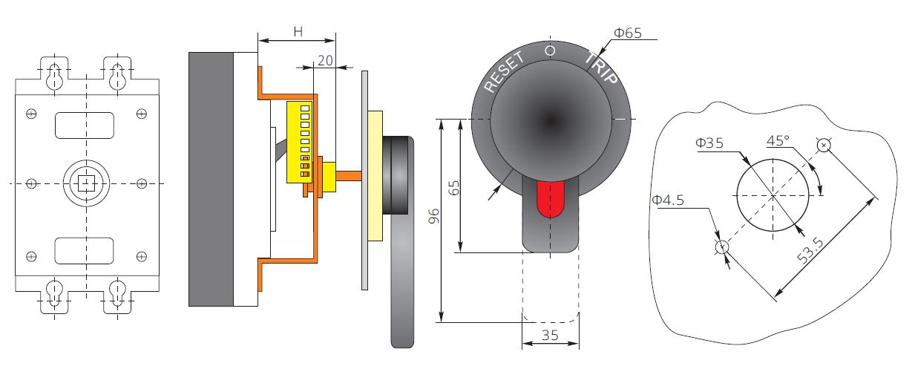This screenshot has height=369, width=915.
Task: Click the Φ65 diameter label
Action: coord(627,33)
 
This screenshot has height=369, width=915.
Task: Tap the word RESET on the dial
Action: coord(504,72)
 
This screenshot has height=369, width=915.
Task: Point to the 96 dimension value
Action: coord(435,216)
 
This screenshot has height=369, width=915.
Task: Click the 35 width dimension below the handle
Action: coord(550,335)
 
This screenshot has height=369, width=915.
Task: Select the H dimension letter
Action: coord(298,31)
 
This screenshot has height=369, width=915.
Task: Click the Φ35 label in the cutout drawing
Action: coord(710,143)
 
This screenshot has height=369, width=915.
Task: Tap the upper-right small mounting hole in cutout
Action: coord(824,145)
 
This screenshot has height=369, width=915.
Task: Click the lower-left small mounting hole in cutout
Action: coord(721,247)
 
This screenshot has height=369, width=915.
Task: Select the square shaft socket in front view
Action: coord(88,183)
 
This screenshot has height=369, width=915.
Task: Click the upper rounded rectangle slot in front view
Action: coord(85,125)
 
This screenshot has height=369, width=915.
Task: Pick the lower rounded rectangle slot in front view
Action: coord(85,250)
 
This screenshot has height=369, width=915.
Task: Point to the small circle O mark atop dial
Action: coord(550,50)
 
